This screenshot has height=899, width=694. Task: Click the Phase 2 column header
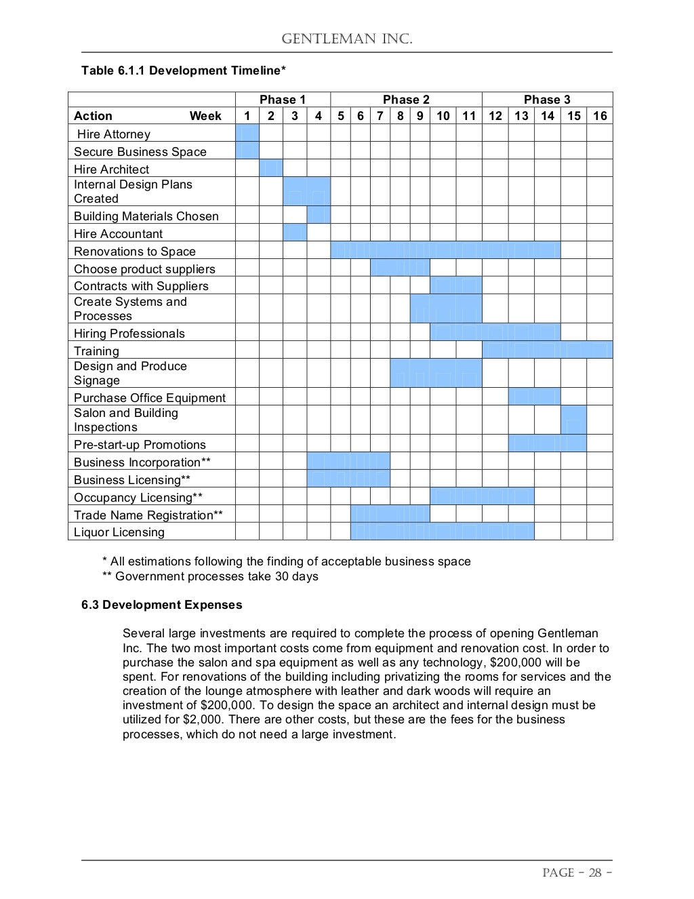(x=406, y=100)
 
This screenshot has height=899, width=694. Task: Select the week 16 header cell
(x=600, y=116)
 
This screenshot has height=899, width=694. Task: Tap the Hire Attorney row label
(x=114, y=134)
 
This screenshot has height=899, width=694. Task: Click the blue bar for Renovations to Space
(x=445, y=251)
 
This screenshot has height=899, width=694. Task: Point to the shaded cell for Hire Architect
(x=271, y=168)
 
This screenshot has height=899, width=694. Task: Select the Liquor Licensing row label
(x=119, y=532)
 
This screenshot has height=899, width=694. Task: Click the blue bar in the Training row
(x=547, y=350)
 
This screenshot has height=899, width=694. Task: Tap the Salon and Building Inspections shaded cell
(x=573, y=420)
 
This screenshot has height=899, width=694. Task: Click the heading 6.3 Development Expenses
(x=161, y=605)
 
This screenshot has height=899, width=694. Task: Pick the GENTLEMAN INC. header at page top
(x=346, y=39)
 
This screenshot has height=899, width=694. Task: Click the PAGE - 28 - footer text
(x=577, y=873)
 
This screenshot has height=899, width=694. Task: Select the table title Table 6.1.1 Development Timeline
(x=183, y=71)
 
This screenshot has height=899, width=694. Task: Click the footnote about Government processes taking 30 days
(x=210, y=576)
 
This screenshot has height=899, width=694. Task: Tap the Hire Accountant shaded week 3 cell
(x=295, y=233)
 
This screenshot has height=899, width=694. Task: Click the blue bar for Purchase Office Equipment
(x=534, y=397)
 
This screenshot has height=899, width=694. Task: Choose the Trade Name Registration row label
(x=148, y=515)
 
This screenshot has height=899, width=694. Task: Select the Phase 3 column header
(x=547, y=100)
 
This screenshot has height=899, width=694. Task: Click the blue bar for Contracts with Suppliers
(x=455, y=285)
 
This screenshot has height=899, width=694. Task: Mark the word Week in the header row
(x=205, y=116)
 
